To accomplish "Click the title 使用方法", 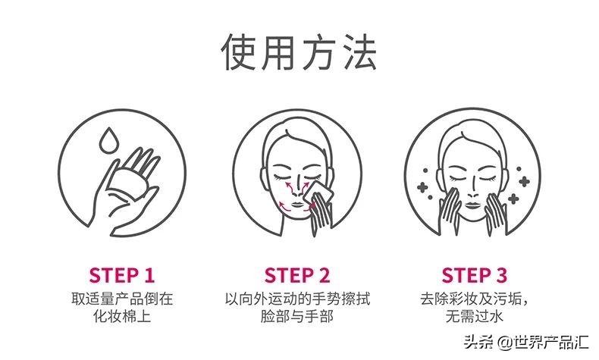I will (299, 52).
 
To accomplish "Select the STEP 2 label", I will (298, 274).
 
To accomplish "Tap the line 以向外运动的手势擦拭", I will (298, 298).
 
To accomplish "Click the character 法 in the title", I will (359, 52).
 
